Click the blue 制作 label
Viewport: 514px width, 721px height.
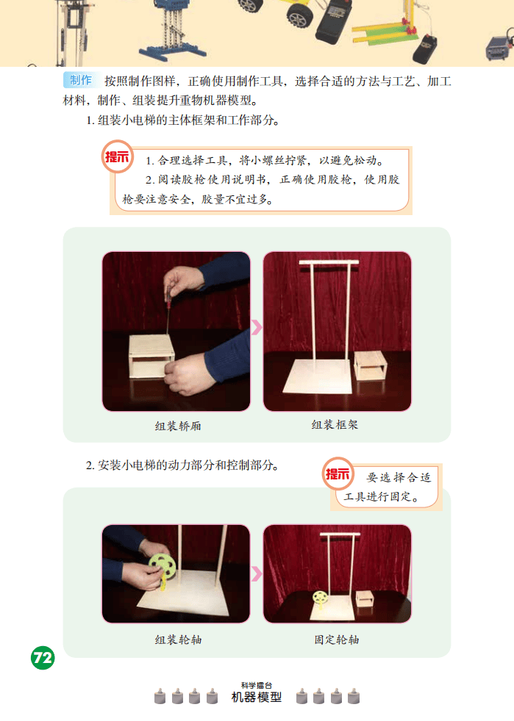[x=81, y=81]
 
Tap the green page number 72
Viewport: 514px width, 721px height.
[x=43, y=658]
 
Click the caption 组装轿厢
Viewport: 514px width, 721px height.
[x=178, y=427]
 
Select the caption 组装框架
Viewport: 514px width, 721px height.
[x=335, y=425]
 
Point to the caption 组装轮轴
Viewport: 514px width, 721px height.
[x=178, y=640]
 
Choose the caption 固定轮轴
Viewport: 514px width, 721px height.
[x=337, y=640]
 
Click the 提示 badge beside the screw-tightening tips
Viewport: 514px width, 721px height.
[x=118, y=157]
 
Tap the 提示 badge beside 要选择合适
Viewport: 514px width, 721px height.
[x=338, y=474]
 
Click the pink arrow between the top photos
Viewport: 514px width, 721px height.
[x=257, y=327]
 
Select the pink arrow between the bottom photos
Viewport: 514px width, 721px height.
[x=257, y=573]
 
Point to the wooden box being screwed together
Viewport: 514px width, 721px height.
[x=151, y=356]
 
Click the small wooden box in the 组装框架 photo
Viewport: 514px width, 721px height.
[x=371, y=366]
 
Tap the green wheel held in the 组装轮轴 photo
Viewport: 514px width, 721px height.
[x=162, y=567]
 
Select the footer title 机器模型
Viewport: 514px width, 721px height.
[x=257, y=698]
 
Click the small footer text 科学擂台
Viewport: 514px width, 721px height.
[x=257, y=685]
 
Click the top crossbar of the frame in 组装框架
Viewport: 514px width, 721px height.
[x=329, y=263]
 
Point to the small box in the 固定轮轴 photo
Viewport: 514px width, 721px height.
[x=364, y=600]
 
